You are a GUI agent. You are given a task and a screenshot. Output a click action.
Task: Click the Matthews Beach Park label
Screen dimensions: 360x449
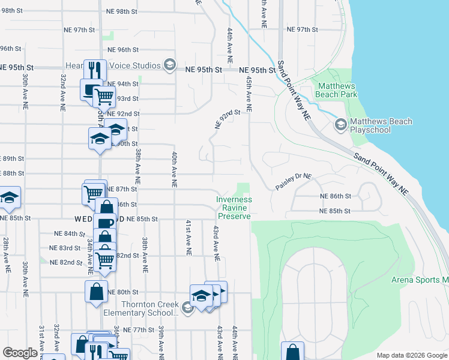point(337,90)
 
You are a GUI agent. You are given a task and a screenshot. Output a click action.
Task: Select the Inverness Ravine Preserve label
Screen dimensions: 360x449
point(235,208)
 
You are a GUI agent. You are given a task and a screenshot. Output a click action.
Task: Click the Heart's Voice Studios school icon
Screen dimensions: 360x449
point(170,65)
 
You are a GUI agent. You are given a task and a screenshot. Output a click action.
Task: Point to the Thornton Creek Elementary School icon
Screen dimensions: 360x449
point(187,308)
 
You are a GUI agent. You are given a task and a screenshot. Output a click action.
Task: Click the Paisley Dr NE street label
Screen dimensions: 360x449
point(295,177)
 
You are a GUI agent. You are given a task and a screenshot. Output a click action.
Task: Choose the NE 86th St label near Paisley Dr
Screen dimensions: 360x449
point(335,196)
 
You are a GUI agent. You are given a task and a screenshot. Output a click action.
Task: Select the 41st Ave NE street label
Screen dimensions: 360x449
point(188,238)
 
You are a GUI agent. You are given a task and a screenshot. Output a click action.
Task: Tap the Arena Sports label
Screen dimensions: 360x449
point(420,280)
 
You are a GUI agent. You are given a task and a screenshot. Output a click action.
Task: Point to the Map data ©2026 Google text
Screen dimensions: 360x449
point(411,355)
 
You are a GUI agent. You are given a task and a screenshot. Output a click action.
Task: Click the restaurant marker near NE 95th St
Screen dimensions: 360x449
point(95,70)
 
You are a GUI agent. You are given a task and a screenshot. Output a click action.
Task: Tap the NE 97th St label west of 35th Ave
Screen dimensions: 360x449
point(80,29)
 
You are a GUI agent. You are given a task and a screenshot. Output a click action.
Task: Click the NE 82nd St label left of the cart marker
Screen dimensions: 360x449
point(66,262)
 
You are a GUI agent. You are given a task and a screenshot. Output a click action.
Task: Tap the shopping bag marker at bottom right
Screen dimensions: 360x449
point(292,352)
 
